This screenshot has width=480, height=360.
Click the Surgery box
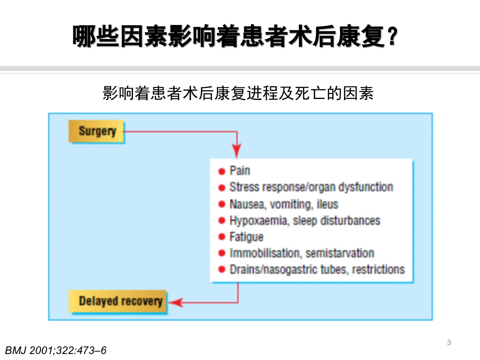pyautogui.click(x=97, y=131)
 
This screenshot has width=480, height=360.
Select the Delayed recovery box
pyautogui.click(x=118, y=301)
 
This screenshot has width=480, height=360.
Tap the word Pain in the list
pyautogui.click(x=240, y=171)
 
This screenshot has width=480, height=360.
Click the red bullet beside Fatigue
pyautogui.click(x=222, y=237)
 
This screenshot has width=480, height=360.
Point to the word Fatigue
pyautogui.click(x=246, y=237)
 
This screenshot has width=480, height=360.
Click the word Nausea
pyautogui.click(x=247, y=204)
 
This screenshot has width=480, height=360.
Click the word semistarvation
pyautogui.click(x=340, y=253)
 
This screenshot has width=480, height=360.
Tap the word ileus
pyautogui.click(x=327, y=204)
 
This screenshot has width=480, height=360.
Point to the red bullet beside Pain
pyautogui.click(x=222, y=171)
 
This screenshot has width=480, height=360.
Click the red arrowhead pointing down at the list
pyautogui.click(x=237, y=151)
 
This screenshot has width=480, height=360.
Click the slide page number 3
pyautogui.click(x=449, y=342)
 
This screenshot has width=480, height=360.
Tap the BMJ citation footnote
pyautogui.click(x=56, y=350)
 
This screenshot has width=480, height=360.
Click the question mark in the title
pyautogui.click(x=393, y=37)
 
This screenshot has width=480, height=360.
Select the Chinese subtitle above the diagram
pyautogui.click(x=238, y=93)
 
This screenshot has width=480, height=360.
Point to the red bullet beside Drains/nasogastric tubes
pyautogui.click(x=222, y=269)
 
